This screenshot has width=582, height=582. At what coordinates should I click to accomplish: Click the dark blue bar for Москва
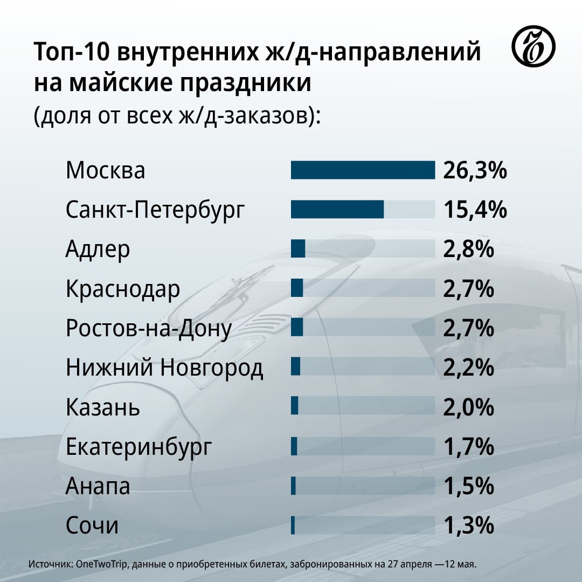coord(363,170)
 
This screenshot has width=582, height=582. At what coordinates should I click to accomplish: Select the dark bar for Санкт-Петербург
coord(337,209)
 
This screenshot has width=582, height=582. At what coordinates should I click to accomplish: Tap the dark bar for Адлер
coord(298,248)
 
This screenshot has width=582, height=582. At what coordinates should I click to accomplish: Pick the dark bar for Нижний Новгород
coord(295,367)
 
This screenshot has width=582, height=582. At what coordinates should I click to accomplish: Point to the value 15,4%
coord(475,210)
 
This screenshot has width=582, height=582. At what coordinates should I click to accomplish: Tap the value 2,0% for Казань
coord(469,407)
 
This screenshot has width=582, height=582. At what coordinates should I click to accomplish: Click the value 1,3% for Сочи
coord(469,525)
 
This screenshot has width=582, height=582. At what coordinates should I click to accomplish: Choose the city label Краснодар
coord(123,289)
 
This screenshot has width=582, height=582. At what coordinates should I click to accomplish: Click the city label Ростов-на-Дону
coord(149,329)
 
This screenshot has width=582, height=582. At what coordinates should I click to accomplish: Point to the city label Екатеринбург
coord(139,447)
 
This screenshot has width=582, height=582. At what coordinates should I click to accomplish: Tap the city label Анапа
coord(98,487)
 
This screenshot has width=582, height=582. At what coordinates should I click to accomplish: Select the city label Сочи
coord(92,525)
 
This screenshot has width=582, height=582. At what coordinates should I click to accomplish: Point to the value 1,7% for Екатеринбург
coord(469,447)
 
